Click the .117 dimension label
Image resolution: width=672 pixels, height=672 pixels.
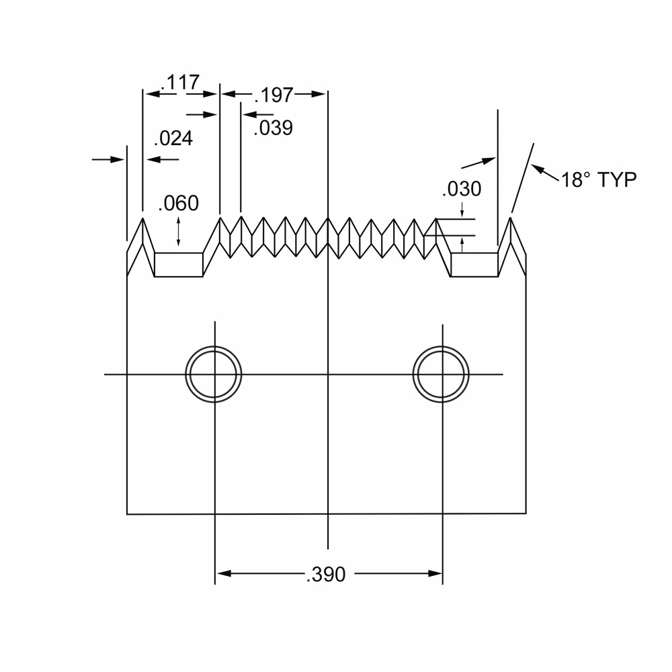pyautogui.click(x=180, y=82)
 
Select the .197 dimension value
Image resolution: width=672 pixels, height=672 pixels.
pyautogui.click(x=274, y=95)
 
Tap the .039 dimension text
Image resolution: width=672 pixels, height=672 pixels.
pyautogui.click(x=273, y=128)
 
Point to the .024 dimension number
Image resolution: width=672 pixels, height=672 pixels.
pyautogui.click(x=173, y=138)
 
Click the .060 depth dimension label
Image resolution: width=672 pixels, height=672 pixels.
pyautogui.click(x=178, y=203)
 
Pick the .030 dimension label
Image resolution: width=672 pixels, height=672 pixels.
pyautogui.click(x=462, y=189)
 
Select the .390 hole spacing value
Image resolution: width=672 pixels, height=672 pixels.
pyautogui.click(x=326, y=575)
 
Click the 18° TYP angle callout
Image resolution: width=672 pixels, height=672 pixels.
pyautogui.click(x=599, y=179)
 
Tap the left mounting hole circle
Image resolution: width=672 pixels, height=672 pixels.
pyautogui.click(x=214, y=374)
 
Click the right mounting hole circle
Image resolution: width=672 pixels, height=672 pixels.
pyautogui.click(x=441, y=374)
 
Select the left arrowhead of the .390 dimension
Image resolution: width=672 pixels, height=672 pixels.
pyautogui.click(x=223, y=573)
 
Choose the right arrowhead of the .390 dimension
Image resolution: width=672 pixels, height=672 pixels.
pyautogui.click(x=435, y=573)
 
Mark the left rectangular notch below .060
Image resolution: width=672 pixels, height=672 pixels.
pyautogui.click(x=178, y=265)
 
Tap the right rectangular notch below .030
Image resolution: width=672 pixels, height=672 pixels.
pyautogui.click(x=474, y=265)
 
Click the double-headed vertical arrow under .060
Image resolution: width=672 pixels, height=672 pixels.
pyautogui.click(x=178, y=232)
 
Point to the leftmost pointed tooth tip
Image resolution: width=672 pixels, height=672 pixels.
pyautogui.click(x=142, y=218)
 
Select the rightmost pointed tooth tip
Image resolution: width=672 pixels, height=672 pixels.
pyautogui.click(x=511, y=218)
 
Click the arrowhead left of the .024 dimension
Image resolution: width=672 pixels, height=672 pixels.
pyautogui.click(x=117, y=159)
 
